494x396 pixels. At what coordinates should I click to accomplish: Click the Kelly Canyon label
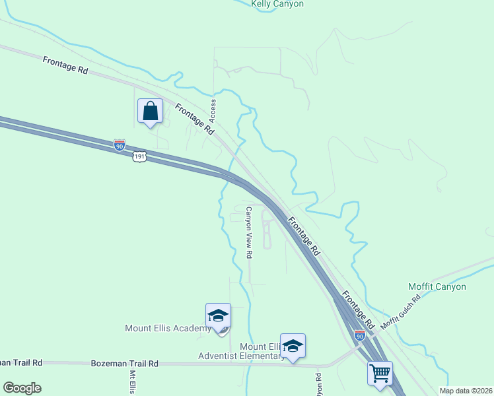[277, 4]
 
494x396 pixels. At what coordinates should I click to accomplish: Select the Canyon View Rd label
[249, 232]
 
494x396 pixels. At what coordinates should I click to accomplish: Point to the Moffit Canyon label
[437, 287]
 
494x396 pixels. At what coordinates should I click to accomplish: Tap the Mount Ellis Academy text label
[168, 328]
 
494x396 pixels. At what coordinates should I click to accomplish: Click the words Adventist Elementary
[241, 356]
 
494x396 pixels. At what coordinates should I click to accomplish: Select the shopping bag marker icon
[151, 110]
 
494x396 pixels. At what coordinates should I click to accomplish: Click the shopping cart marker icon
[380, 373]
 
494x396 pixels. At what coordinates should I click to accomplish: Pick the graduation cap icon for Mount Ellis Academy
[218, 315]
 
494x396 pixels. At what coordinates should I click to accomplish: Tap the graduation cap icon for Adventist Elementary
[293, 345]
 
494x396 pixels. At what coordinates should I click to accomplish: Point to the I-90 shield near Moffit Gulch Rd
[359, 336]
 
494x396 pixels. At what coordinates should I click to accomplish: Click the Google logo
[22, 388]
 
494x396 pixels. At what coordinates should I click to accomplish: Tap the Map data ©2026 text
[465, 391]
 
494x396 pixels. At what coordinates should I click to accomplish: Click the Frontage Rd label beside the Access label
[194, 119]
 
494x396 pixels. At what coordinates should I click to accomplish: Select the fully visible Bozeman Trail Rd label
[125, 363]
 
